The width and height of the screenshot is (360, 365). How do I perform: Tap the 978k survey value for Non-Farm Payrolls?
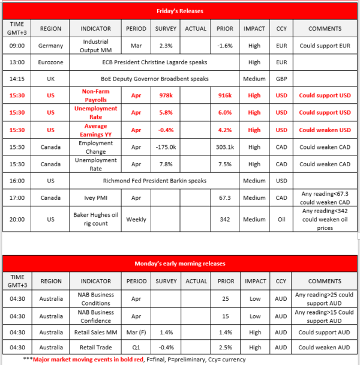tap(165, 95)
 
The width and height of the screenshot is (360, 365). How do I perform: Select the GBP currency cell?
tap(281, 79)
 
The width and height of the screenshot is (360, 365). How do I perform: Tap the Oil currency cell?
tap(281, 219)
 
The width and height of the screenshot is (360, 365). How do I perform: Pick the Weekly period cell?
tap(136, 219)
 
